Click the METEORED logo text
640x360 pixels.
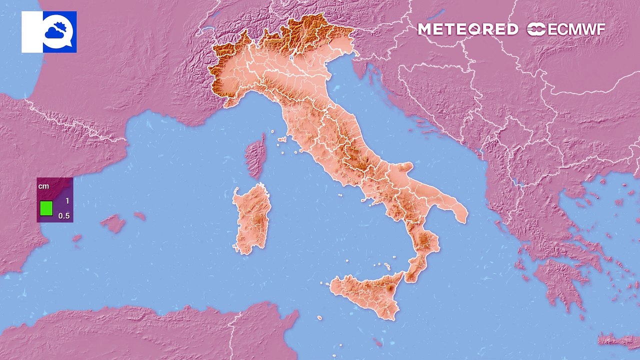(x=467, y=29)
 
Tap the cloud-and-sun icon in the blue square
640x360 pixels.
(x=59, y=31)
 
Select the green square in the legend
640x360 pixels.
(x=46, y=208)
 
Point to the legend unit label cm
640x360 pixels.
(x=44, y=186)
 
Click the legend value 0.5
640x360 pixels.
(x=64, y=216)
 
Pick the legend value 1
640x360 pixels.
(x=67, y=201)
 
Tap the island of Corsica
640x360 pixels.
(x=256, y=155)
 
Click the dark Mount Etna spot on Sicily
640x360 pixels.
(x=390, y=288)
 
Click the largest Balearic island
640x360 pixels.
(x=113, y=223)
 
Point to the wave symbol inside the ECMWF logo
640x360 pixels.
(x=536, y=29)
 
